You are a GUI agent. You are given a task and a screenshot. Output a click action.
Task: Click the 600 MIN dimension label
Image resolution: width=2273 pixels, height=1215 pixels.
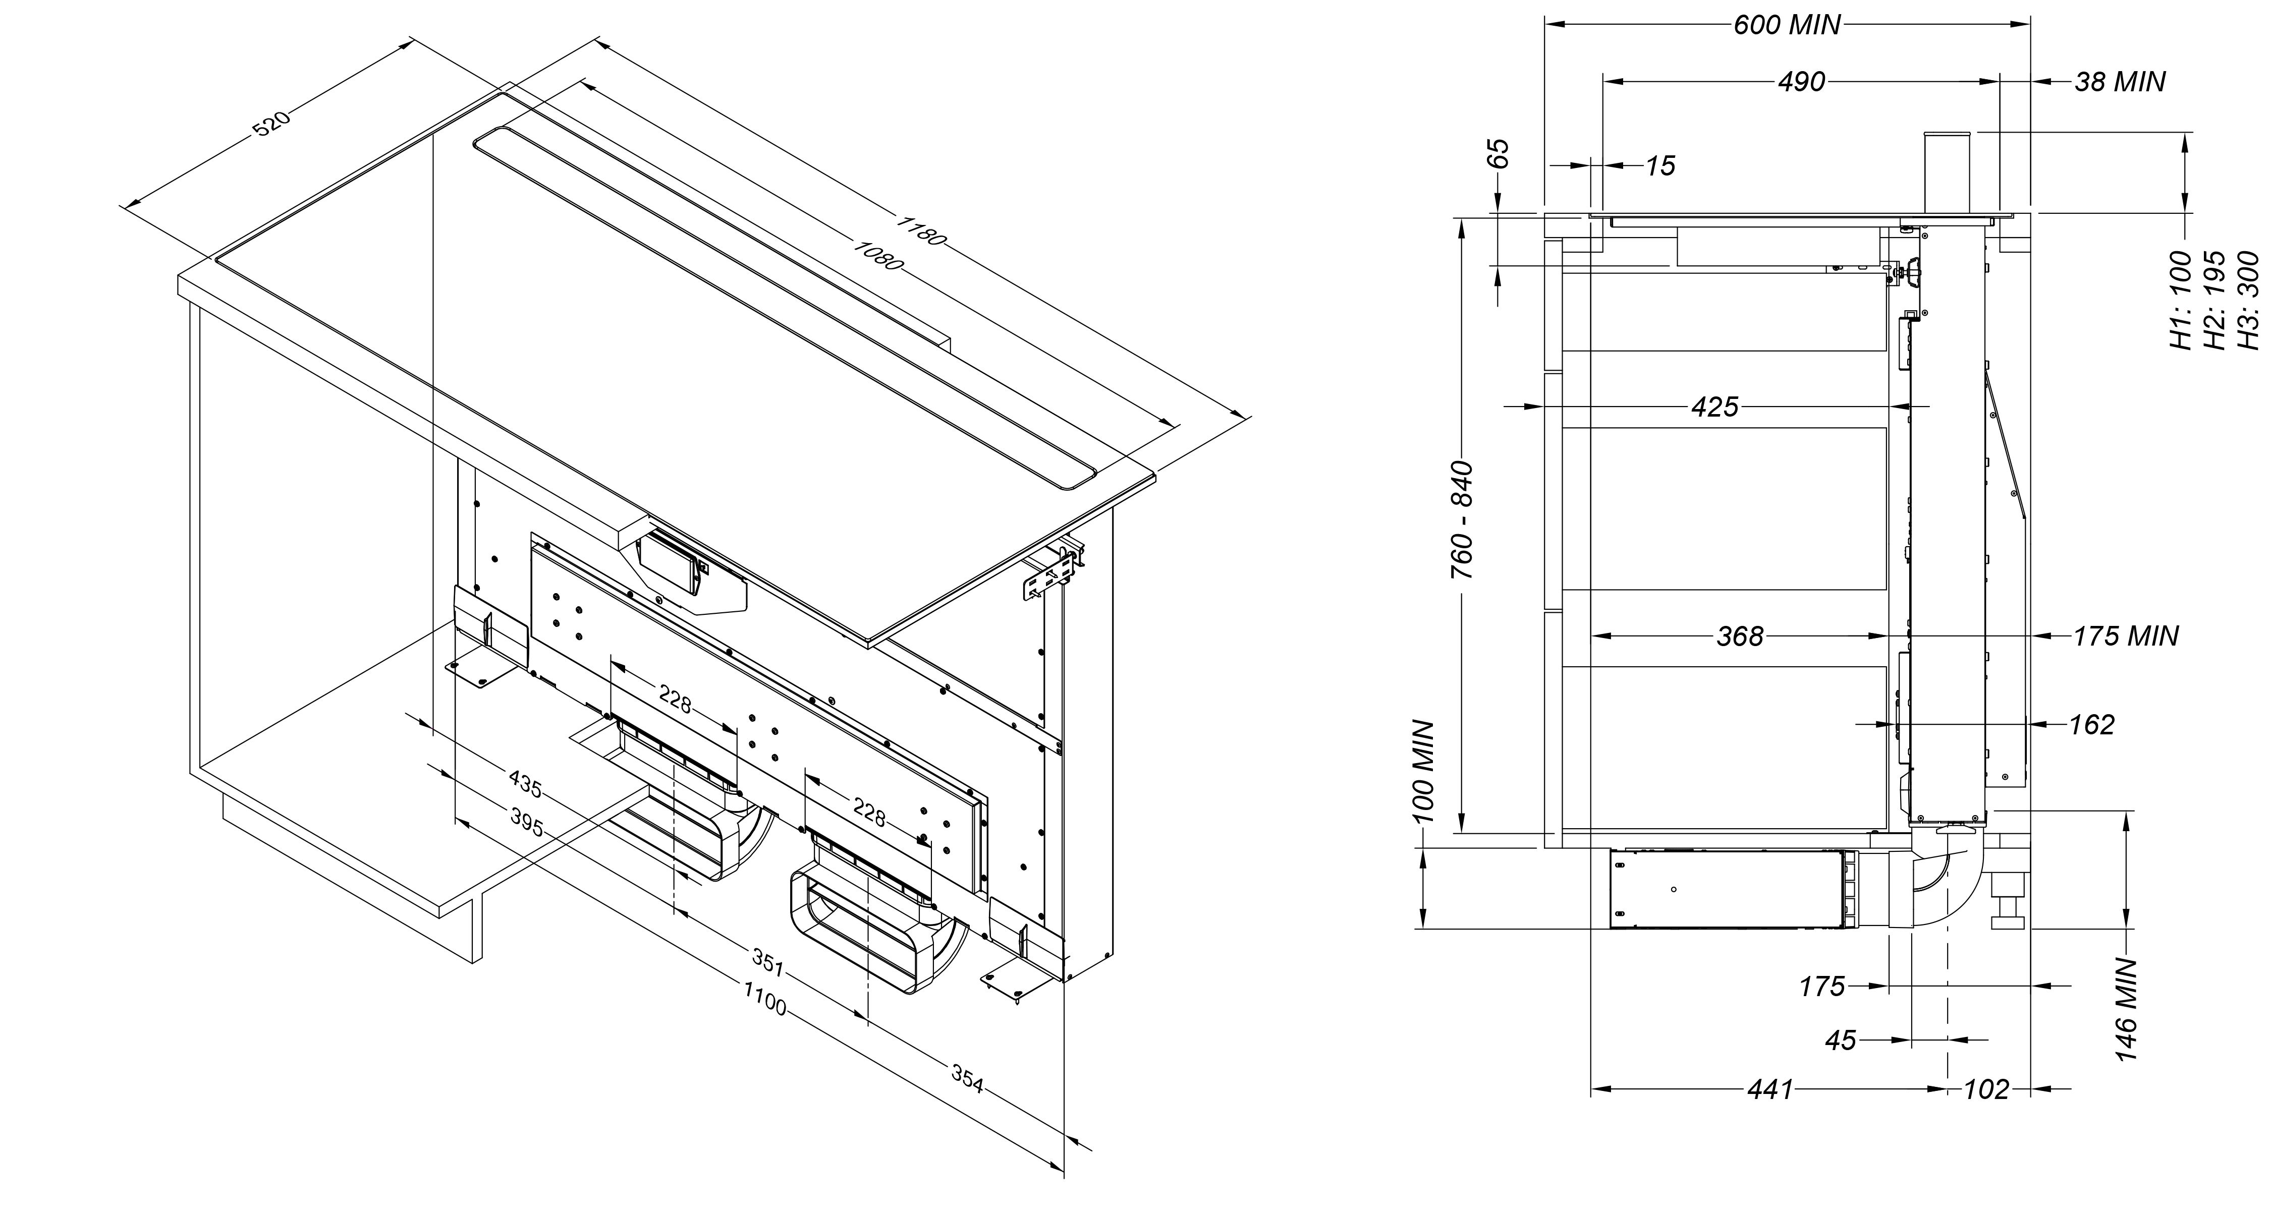(1787, 25)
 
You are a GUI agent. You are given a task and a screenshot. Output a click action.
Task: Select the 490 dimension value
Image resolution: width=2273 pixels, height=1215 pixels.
(1801, 82)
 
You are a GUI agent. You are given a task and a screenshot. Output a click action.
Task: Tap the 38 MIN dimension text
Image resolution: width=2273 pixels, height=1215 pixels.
(2119, 82)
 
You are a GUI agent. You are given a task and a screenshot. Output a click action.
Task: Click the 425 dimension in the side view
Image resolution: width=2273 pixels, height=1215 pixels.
(1714, 407)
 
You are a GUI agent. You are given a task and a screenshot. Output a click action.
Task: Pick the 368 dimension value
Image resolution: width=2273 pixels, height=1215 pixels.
(1739, 636)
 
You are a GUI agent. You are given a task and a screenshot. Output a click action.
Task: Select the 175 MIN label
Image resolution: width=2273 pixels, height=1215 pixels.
(2125, 636)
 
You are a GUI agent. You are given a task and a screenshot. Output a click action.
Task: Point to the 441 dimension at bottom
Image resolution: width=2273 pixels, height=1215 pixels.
(1770, 1090)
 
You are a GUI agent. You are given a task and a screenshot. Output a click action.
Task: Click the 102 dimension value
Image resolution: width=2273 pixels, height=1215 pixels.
(1986, 1090)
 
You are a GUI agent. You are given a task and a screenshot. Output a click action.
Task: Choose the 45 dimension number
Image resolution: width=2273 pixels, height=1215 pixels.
(1841, 1041)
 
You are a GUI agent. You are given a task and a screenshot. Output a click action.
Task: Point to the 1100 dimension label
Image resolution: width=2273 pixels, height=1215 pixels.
(764, 999)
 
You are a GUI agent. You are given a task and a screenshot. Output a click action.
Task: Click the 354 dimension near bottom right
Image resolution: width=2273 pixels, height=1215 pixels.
(967, 1078)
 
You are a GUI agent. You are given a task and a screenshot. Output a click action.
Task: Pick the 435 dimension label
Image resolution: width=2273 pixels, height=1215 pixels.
(525, 783)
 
